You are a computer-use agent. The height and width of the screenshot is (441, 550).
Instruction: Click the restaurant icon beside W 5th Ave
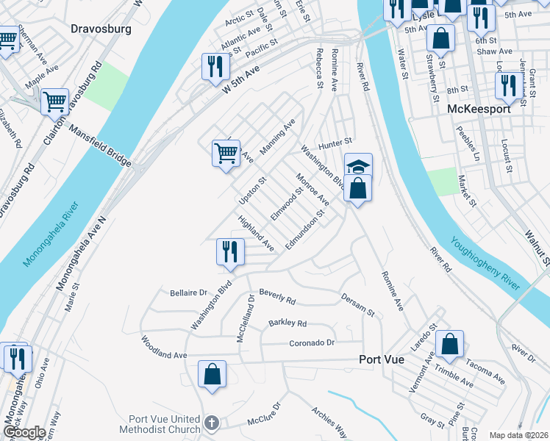tap(215, 66)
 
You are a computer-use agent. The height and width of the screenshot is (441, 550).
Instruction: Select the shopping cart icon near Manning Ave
tap(226, 153)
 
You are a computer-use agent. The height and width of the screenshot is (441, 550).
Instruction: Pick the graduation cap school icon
tap(358, 166)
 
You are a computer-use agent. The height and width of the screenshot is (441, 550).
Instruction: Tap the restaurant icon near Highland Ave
tap(230, 251)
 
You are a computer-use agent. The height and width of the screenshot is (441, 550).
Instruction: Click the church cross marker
tap(212, 423)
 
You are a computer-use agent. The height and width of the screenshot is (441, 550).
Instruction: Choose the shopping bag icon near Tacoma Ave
tap(449, 343)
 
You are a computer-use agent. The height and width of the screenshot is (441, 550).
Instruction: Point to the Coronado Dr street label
tap(312, 343)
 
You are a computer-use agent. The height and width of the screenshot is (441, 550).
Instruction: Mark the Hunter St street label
tap(335, 141)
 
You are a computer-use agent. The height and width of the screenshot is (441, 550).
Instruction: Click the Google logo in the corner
tap(24, 432)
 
